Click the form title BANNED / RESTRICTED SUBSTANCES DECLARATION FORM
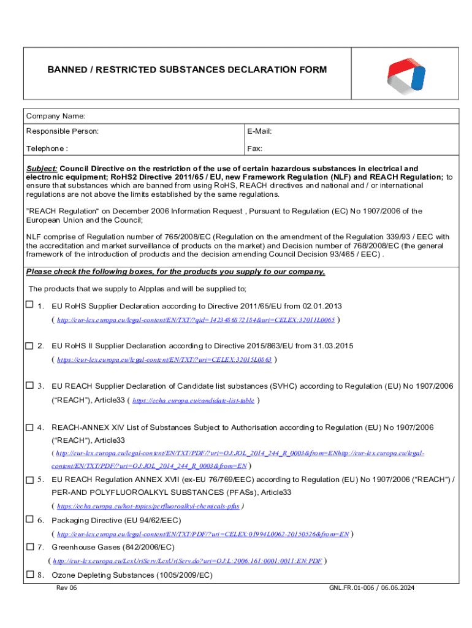click(187, 70)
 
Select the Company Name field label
click(55, 117)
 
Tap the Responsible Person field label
click(62, 131)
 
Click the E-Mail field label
click(259, 131)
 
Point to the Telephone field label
click(47, 148)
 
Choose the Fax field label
click(254, 148)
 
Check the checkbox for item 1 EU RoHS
click(29, 305)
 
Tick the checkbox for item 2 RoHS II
click(29, 346)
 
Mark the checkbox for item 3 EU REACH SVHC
click(29, 386)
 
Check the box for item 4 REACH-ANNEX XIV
click(29, 426)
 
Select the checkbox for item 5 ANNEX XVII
click(29, 480)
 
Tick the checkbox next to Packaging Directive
click(29, 519)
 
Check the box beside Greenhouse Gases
click(29, 546)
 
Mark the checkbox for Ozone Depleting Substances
click(29, 575)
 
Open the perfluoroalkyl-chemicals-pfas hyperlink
click(148, 507)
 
